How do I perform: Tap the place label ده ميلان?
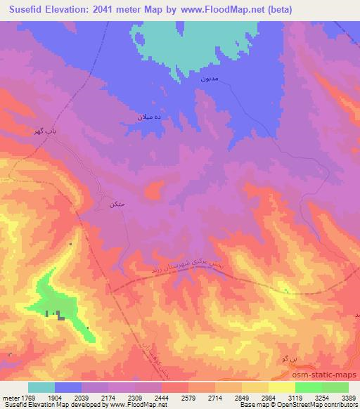tap(150, 117)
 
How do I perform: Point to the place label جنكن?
tap(116, 204)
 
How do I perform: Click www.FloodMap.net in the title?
tap(221, 10)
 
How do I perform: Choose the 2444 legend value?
tap(161, 397)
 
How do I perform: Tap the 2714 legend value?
tap(214, 397)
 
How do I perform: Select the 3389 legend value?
tap(348, 397)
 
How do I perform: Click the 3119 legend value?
tap(295, 397)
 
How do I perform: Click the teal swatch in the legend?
tap(41, 387)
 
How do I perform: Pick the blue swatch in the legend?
tap(68, 387)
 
